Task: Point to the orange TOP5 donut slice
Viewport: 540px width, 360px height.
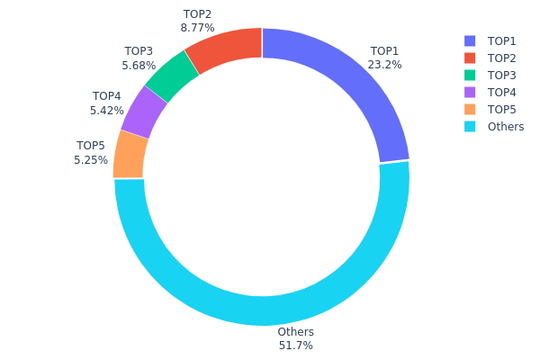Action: [131, 154]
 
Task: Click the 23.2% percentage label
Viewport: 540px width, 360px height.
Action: [384, 65]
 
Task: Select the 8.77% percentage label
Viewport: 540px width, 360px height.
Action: [197, 28]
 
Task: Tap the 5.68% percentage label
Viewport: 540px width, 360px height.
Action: [139, 65]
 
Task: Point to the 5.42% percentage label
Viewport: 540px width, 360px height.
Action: [106, 110]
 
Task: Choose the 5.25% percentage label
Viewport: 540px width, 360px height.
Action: [91, 159]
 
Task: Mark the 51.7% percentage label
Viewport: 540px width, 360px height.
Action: [295, 346]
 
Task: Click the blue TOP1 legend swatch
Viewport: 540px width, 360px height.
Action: [470, 40]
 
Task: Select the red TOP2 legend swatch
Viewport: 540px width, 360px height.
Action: [470, 58]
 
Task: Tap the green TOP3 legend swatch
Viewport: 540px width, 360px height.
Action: [470, 75]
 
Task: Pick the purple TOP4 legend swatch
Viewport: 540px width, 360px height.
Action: [470, 92]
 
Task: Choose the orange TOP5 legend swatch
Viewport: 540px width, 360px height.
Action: [470, 109]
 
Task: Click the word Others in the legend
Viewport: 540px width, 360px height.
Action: [505, 126]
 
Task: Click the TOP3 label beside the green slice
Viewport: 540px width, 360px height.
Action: [139, 51]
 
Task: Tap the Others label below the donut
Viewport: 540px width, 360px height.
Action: [295, 332]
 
